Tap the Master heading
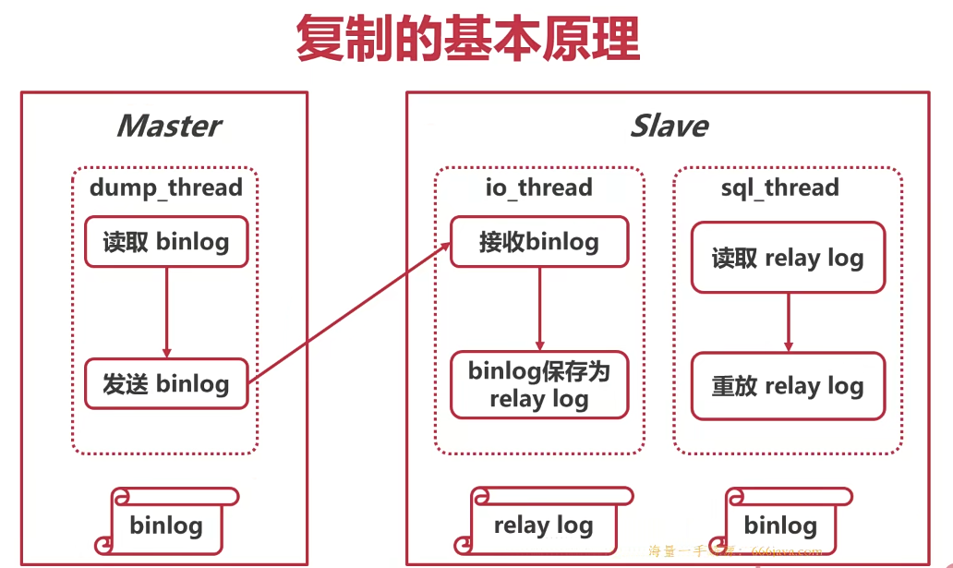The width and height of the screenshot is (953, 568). point(168,126)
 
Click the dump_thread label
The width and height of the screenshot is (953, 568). point(166,187)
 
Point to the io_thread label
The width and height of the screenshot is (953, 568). point(539,187)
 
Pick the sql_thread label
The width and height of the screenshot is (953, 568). point(779,187)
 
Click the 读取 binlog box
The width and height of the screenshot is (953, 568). point(166,242)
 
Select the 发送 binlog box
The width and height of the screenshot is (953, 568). point(166,383)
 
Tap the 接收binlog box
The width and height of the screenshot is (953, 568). point(539,242)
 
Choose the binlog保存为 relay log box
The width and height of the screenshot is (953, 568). point(539,384)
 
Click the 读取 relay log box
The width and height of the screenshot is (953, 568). point(788,258)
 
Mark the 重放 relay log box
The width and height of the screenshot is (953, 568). point(788,386)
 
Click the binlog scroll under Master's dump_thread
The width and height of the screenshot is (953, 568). point(168,525)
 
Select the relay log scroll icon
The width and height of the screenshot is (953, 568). point(545,525)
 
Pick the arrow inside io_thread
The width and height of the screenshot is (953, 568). point(539,309)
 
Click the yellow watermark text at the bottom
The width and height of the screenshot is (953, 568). point(734,551)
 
